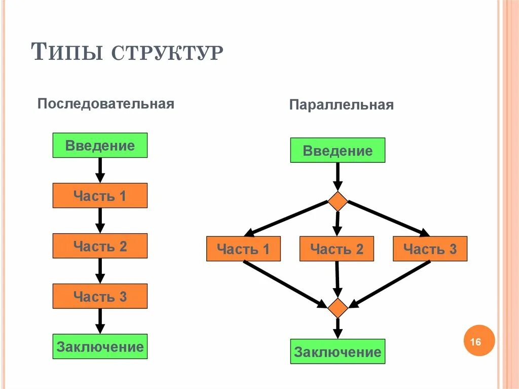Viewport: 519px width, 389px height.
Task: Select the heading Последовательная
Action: [x=106, y=104]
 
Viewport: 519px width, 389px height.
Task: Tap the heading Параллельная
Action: [x=342, y=105]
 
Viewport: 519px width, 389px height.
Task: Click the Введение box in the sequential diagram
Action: [x=100, y=146]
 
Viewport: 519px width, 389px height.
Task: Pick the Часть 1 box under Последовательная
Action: [x=100, y=196]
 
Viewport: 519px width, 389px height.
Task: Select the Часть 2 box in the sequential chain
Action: [x=100, y=246]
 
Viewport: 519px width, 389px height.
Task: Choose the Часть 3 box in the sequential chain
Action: [x=100, y=297]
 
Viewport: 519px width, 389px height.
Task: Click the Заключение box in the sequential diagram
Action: [x=100, y=347]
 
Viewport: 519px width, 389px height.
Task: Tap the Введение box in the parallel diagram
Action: [x=338, y=151]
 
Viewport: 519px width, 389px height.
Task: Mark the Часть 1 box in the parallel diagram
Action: [x=243, y=249]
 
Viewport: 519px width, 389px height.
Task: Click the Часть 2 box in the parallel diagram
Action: [x=337, y=249]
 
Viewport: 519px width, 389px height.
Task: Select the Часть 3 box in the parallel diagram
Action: [x=430, y=249]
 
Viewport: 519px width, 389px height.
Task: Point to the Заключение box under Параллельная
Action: [x=338, y=351]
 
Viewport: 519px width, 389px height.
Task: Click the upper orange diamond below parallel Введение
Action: [x=338, y=201]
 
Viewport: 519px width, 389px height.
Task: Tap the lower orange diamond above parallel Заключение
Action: [x=338, y=308]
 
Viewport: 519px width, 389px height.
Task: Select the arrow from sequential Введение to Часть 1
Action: [x=100, y=170]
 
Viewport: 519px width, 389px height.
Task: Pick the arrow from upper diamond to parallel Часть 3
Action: [x=388, y=218]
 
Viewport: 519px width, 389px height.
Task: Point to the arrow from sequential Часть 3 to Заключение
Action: [x=100, y=321]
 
